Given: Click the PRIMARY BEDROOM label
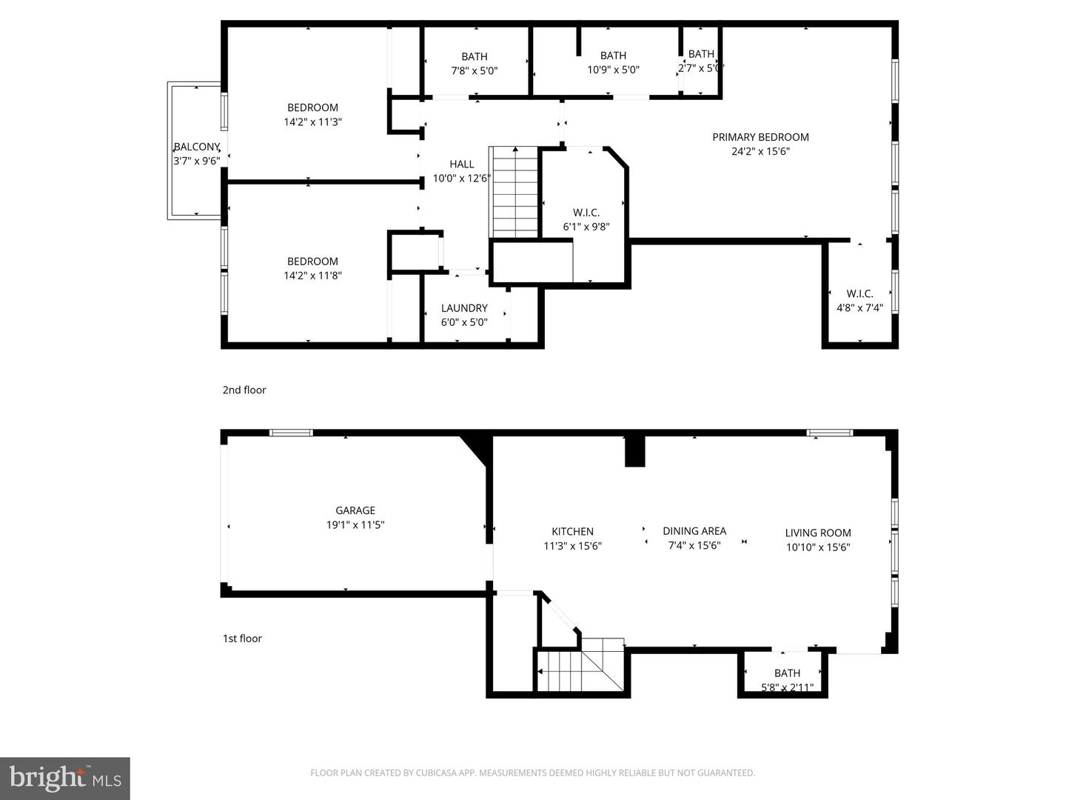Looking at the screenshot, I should click(760, 137).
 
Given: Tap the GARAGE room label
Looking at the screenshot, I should click(355, 510).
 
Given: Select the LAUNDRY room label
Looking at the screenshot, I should click(464, 308).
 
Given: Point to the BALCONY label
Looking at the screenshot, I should click(196, 147).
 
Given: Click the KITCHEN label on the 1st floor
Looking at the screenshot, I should click(572, 531).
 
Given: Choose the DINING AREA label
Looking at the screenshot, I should click(694, 531).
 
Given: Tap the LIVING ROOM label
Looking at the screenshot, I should click(818, 533).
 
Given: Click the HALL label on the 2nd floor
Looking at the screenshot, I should click(462, 164).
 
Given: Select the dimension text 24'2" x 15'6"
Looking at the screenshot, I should click(760, 152).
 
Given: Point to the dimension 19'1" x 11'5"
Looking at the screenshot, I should click(355, 525).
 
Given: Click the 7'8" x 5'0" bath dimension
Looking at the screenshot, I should click(475, 71).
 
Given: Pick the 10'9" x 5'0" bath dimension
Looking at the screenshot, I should click(613, 70).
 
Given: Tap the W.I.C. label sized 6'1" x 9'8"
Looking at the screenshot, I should click(586, 213).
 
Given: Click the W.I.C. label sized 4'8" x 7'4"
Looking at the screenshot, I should click(859, 293).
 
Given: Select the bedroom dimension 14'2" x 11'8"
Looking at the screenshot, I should click(312, 276).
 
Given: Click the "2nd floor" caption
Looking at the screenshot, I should click(244, 390).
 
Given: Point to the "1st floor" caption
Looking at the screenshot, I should click(242, 639).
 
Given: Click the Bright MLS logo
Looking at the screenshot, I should click(65, 778).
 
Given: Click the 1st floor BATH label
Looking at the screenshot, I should click(787, 673).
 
